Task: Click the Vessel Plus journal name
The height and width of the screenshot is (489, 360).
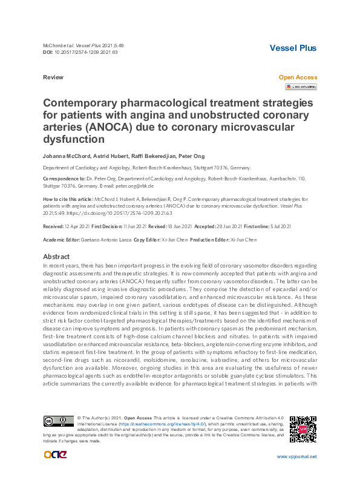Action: tap(293, 48)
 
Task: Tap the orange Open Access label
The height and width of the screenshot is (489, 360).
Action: tap(297, 77)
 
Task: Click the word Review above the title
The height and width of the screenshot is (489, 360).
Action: tap(53, 77)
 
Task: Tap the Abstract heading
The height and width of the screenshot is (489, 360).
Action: tap(57, 257)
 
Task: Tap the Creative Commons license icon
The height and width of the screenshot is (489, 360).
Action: tap(58, 421)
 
